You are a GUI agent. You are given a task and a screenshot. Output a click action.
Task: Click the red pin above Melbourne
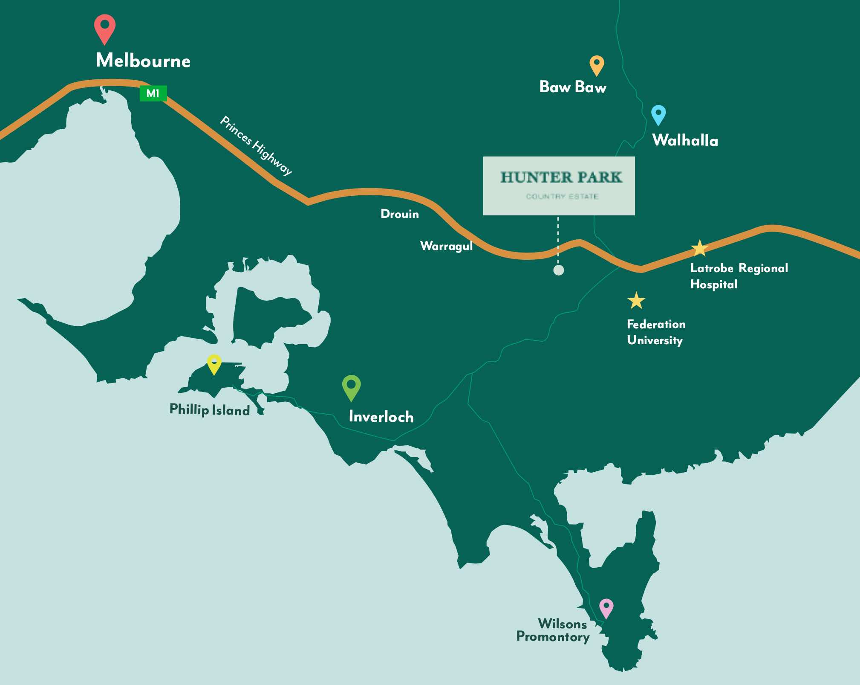tap(104, 27)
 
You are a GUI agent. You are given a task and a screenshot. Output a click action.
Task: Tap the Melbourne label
tap(143, 61)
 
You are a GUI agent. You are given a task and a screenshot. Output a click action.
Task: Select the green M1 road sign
tap(153, 93)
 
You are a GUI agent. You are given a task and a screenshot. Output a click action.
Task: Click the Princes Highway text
tap(256, 145)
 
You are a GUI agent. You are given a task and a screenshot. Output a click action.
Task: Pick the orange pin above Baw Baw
tap(597, 64)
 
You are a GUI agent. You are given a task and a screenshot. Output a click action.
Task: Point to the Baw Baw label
tap(572, 87)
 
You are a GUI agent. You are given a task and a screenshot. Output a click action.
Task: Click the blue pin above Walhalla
tap(658, 114)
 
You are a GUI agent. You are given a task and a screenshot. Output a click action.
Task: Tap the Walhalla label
tap(685, 140)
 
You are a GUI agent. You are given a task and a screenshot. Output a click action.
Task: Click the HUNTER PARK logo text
tap(561, 177)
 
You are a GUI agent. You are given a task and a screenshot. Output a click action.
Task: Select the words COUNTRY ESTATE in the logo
tap(562, 197)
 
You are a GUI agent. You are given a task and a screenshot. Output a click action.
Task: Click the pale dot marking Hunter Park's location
tap(558, 270)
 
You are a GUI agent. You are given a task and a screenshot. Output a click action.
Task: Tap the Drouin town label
tap(399, 214)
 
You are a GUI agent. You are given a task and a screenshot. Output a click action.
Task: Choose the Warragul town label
tap(446, 246)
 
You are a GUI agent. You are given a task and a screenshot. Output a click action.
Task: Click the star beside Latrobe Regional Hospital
tap(699, 248)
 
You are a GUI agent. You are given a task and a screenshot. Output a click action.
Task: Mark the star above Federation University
tap(636, 301)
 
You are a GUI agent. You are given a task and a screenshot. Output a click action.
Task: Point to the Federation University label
tap(656, 332)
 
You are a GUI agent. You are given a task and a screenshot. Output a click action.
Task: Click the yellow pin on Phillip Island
tap(214, 363)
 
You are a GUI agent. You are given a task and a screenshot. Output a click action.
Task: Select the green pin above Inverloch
tap(352, 386)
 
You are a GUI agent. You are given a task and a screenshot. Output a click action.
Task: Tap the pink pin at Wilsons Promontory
tap(606, 607)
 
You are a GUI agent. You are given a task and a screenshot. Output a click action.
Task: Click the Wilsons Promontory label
tap(553, 630)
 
